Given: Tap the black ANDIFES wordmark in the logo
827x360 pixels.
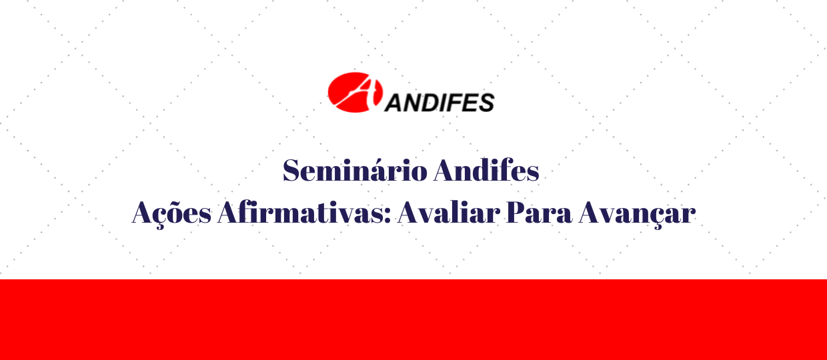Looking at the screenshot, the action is (440, 102).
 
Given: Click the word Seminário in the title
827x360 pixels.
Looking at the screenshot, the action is (355, 170).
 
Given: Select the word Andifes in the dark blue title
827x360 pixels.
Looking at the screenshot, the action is (486, 170).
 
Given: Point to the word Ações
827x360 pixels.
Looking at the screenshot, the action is (171, 214).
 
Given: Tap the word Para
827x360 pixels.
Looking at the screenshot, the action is (539, 213).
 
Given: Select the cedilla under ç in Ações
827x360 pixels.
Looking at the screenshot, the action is (160, 227).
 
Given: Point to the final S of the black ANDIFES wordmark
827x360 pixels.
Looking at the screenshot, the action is (486, 102).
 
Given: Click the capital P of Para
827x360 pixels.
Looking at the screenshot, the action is (516, 213).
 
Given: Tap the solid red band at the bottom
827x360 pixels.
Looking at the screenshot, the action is (414, 320).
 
